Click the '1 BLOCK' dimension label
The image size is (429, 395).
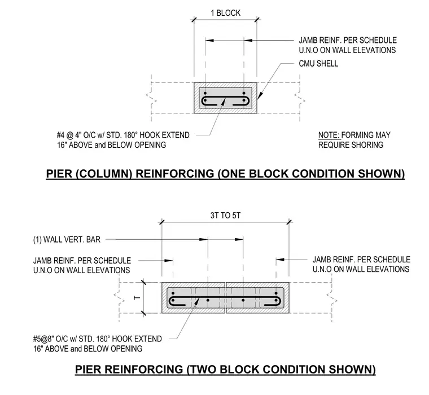(x=225, y=13)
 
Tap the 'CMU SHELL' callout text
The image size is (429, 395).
(x=318, y=63)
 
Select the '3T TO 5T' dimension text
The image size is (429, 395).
(x=225, y=216)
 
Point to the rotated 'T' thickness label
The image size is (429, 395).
(x=137, y=297)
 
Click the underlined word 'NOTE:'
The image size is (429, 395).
(x=329, y=135)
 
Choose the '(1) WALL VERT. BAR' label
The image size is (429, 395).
(x=67, y=240)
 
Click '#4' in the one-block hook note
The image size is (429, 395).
(x=60, y=135)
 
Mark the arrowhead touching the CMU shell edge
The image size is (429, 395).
(x=260, y=95)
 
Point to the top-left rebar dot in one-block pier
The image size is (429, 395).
(x=205, y=93)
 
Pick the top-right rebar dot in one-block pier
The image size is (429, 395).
(x=243, y=93)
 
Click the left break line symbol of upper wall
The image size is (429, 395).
(x=151, y=98)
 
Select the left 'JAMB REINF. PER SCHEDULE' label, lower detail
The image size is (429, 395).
(x=82, y=260)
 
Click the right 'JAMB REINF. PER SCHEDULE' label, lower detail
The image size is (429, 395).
(x=361, y=260)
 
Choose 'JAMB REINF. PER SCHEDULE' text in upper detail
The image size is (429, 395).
(x=348, y=40)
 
